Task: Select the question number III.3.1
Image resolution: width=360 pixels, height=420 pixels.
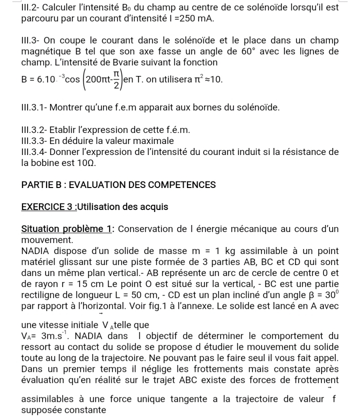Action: point(39,107)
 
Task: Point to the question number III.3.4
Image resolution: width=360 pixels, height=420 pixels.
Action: point(39,151)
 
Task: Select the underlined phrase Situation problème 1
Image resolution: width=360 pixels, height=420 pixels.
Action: point(67,229)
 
